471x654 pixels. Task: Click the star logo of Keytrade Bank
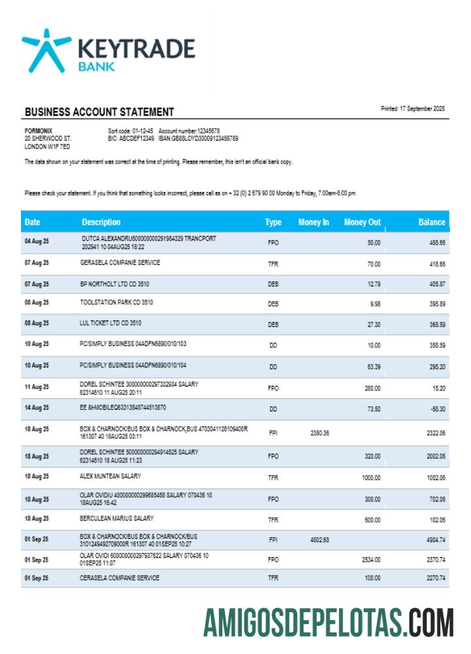[46, 50]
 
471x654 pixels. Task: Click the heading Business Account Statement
[99, 112]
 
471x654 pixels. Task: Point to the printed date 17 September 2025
[413, 109]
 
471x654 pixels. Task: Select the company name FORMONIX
[38, 131]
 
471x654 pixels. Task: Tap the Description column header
[101, 222]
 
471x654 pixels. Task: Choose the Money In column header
[313, 222]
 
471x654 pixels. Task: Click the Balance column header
[432, 222]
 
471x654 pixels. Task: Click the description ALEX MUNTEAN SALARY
[110, 476]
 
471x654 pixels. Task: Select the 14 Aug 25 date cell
[37, 407]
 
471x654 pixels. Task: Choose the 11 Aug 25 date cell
[37, 387]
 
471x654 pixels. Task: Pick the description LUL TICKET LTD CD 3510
[111, 323]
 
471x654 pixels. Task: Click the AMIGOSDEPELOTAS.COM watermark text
[328, 623]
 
